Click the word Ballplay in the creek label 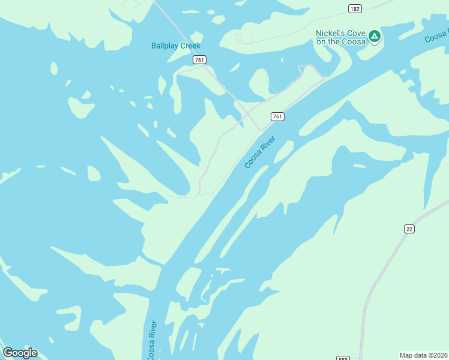pyautogui.click(x=164, y=46)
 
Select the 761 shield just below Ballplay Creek pyautogui.click(x=200, y=59)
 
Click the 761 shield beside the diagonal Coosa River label pyautogui.click(x=277, y=116)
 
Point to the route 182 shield pyautogui.click(x=355, y=8)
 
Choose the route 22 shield pyautogui.click(x=409, y=228)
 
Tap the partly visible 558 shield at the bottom pyautogui.click(x=343, y=358)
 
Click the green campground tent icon pyautogui.click(x=375, y=37)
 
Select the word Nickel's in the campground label pyautogui.click(x=328, y=33)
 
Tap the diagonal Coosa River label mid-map pyautogui.click(x=260, y=152)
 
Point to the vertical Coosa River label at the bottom pyautogui.click(x=152, y=341)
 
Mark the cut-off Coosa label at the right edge pyautogui.click(x=436, y=36)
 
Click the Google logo pyautogui.click(x=20, y=353)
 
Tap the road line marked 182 pyautogui.click(x=384, y=5)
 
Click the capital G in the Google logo pyautogui.click(x=8, y=353)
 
